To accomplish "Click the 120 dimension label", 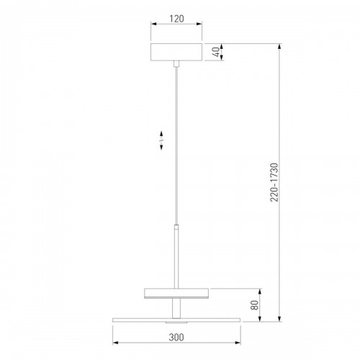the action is click(x=176, y=19).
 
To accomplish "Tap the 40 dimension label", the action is click(x=216, y=52).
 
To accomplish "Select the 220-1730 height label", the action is click(x=274, y=182).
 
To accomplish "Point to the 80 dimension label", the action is click(x=254, y=305).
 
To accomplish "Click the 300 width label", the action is click(x=176, y=337).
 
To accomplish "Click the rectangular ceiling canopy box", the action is click(x=176, y=52).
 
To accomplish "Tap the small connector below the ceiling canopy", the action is click(x=176, y=64).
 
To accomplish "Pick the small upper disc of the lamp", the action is click(x=176, y=293).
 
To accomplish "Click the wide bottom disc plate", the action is click(x=176, y=320).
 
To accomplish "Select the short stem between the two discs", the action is click(x=176, y=308).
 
